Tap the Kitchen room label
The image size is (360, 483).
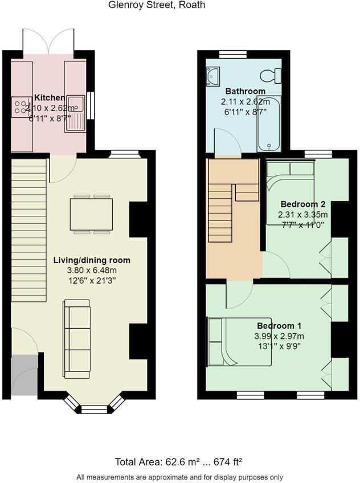click(50, 97)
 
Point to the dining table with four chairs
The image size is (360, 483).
click(91, 214)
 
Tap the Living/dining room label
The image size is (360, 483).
click(92, 260)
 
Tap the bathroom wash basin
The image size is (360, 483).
click(214, 75)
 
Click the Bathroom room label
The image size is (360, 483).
click(245, 91)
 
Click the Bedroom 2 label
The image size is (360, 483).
click(302, 204)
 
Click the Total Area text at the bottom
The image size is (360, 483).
click(182, 461)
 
